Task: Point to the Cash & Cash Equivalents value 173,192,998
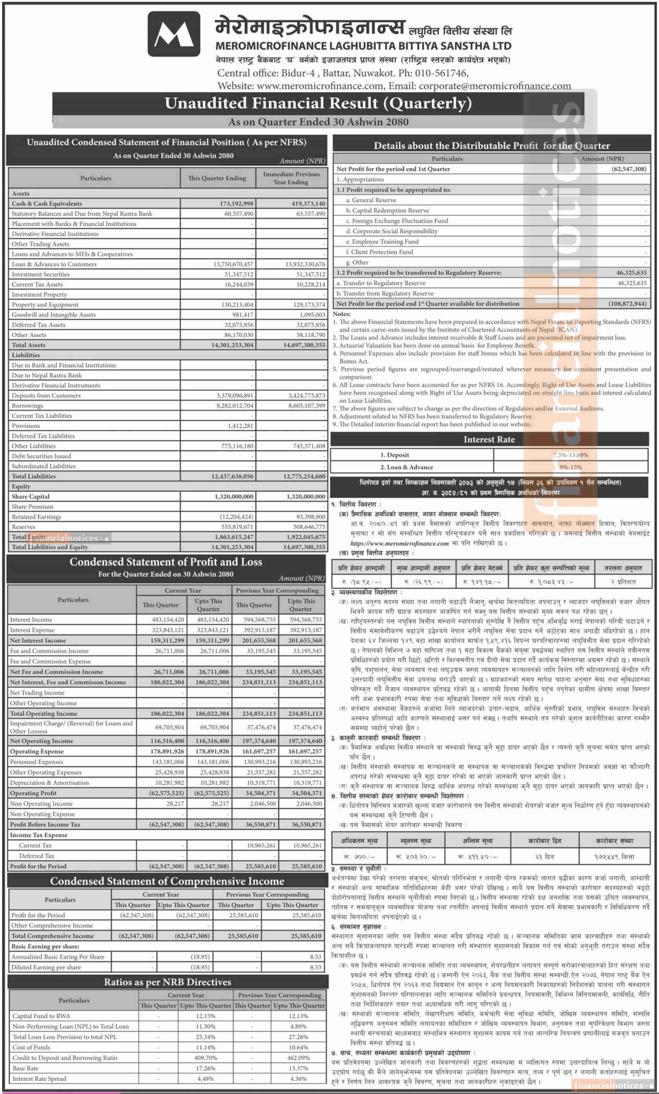pos(236,203)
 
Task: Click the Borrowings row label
pos(28,405)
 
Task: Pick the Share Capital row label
pos(31,496)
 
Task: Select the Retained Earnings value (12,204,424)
pos(236,517)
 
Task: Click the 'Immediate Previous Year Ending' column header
pos(291,178)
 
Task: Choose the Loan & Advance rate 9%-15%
pos(570,467)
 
